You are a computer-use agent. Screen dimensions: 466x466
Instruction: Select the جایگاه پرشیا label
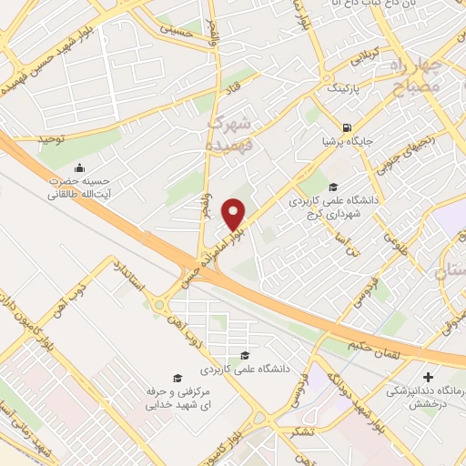point(338,142)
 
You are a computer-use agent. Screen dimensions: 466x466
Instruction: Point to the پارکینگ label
point(343,92)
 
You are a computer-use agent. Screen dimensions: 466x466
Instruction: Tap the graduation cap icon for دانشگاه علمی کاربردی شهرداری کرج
point(319,187)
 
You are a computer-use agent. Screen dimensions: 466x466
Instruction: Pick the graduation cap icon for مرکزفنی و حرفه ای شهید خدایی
point(179,377)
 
